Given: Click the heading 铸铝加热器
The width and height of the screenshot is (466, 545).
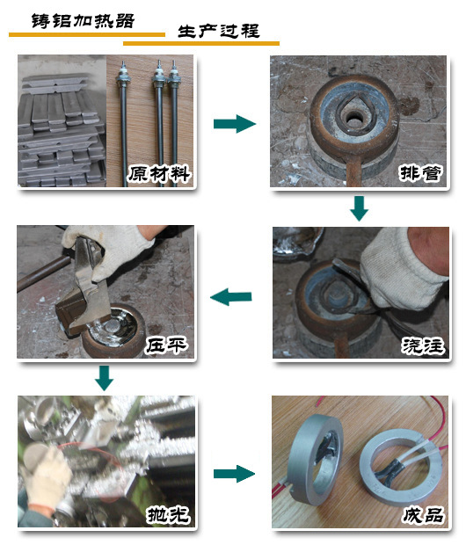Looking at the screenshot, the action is [x=83, y=21].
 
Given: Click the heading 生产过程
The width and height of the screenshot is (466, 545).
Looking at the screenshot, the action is [x=219, y=31].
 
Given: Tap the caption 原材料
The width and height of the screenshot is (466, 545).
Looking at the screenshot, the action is [x=160, y=174].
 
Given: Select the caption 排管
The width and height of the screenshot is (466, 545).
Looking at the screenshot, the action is [x=421, y=173].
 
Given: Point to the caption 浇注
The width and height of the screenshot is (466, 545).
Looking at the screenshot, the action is [x=423, y=345].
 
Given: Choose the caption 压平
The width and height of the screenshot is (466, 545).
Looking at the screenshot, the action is [x=166, y=345].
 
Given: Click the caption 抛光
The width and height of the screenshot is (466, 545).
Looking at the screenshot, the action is [x=168, y=514].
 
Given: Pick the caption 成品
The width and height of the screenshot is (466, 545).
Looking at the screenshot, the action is [x=423, y=515].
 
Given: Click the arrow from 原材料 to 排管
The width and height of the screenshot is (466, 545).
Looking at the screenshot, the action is [x=235, y=123].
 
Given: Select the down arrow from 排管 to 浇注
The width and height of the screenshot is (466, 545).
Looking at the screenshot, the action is [x=360, y=208].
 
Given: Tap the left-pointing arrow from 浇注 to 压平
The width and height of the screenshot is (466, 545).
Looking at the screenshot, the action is [x=231, y=297].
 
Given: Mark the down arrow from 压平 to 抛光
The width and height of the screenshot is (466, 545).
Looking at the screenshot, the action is [x=104, y=378].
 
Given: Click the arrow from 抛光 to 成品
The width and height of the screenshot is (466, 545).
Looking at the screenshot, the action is [x=234, y=474].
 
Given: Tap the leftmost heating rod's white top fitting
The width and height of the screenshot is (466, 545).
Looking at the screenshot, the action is [x=122, y=74].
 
